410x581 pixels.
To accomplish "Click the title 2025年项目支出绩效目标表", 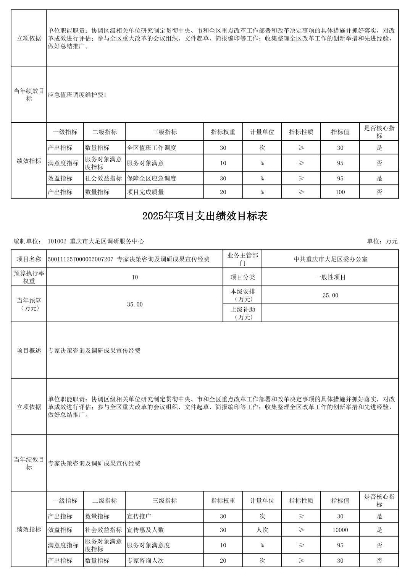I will click(x=205, y=216).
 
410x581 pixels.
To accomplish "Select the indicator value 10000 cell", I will click(x=340, y=530).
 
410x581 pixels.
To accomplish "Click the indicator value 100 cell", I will click(x=340, y=192).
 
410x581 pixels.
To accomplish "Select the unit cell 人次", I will click(x=262, y=530).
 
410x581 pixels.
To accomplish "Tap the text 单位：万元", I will click(x=382, y=241).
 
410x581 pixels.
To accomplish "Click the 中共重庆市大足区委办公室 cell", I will click(x=330, y=259).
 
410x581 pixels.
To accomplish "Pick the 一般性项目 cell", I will click(x=330, y=277).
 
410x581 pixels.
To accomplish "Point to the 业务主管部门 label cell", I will click(x=242, y=259).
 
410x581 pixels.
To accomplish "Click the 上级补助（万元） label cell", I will click(x=242, y=313).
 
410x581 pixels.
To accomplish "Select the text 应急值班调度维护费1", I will click(x=77, y=95).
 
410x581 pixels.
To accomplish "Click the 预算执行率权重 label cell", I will click(x=29, y=277).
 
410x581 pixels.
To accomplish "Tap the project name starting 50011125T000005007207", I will click(x=129, y=259).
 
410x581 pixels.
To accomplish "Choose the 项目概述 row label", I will click(x=29, y=351).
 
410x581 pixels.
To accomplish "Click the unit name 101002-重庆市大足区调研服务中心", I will click(x=96, y=241).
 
